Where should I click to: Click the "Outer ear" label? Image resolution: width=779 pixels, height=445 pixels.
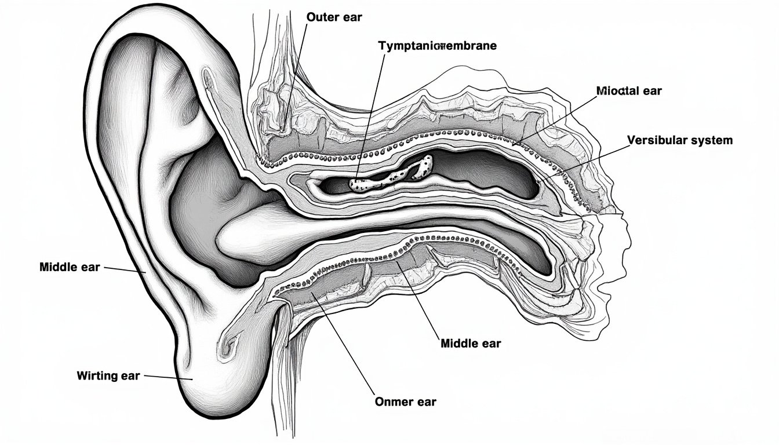pos(334,17)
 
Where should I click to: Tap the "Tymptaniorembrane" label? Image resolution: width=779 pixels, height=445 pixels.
pos(438,46)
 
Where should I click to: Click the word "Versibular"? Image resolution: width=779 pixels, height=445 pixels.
pos(653,140)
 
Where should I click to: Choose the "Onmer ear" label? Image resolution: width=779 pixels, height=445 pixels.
pos(406,402)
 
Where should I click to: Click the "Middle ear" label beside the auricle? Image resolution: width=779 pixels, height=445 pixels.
pos(70,267)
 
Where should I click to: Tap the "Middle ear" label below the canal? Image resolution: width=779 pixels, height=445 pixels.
pos(471,343)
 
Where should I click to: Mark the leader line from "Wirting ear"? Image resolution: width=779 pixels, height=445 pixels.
pos(168,377)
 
